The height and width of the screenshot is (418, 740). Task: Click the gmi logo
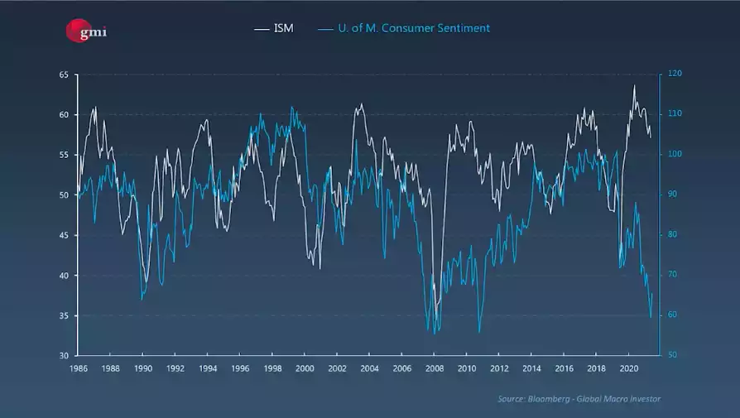(86, 31)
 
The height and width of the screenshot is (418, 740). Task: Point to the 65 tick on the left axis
(64, 74)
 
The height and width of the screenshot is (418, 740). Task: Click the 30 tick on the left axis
(64, 356)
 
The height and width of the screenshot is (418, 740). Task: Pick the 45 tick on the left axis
(64, 235)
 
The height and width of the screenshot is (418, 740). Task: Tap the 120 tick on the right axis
(675, 74)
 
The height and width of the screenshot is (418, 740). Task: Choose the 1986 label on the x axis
(79, 368)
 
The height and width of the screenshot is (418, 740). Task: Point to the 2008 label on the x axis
(434, 368)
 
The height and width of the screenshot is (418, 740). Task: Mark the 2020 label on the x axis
(627, 368)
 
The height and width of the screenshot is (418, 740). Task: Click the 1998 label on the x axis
(272, 368)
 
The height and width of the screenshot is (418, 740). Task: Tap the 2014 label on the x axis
(531, 368)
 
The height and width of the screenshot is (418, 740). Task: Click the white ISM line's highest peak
(635, 85)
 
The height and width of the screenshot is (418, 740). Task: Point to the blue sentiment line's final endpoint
(652, 294)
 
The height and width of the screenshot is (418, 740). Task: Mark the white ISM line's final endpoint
(651, 137)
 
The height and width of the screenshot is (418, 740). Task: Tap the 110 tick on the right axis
(675, 114)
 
